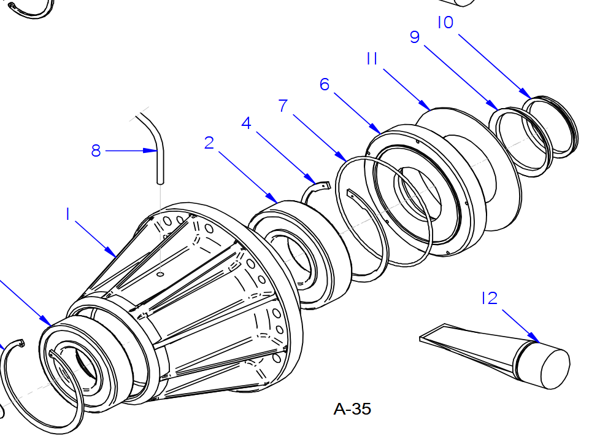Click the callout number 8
tap(96, 150)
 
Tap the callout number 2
tap(209, 143)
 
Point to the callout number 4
tap(246, 123)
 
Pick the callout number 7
tap(283, 106)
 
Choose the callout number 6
tap(325, 84)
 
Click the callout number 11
tap(371, 59)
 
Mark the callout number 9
tap(415, 38)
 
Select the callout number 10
tap(445, 23)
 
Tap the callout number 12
tap(489, 299)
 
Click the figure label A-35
tap(352, 409)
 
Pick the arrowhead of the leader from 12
tap(537, 340)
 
